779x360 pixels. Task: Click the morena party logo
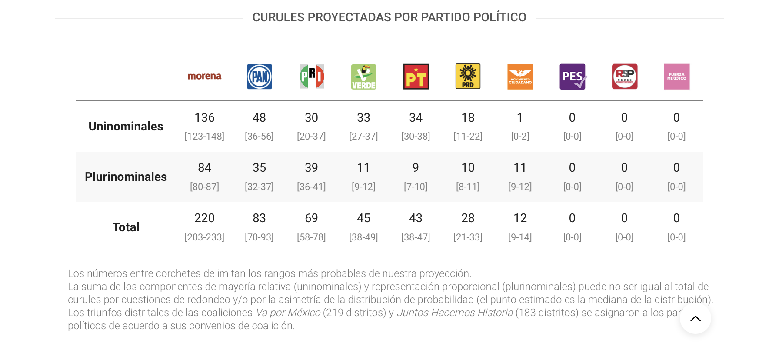point(204,77)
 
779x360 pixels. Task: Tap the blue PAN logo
point(260,77)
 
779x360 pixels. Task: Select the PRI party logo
point(312,77)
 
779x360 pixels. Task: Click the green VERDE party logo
point(364,77)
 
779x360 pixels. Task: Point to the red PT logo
point(416,77)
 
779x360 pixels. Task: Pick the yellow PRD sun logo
point(468,77)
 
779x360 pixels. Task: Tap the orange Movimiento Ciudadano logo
point(520,77)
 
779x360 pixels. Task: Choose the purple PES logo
point(573,77)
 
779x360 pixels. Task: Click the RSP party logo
point(625,77)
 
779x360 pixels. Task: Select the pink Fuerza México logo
point(676,77)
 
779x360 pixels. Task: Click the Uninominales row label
point(126,126)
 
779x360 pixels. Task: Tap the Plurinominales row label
point(126,177)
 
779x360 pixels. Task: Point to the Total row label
point(126,227)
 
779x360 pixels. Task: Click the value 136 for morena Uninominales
point(204,117)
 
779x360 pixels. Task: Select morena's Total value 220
point(204,218)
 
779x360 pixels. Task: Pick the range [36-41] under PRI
point(311,187)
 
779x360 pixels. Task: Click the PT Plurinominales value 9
point(416,167)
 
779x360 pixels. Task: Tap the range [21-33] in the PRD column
point(468,237)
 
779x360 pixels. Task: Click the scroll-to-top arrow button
point(695,318)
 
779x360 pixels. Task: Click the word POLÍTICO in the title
point(499,17)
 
